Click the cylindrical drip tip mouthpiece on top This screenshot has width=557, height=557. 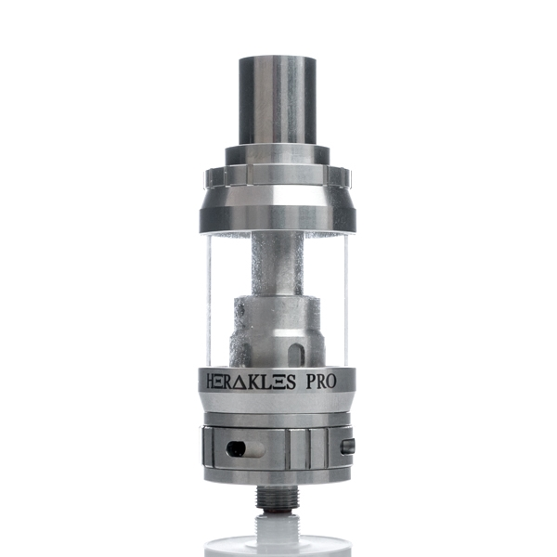(x=278, y=98)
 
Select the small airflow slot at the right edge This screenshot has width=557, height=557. (x=347, y=447)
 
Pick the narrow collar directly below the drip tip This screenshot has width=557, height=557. (x=278, y=154)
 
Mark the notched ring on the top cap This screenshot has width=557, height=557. (x=278, y=175)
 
